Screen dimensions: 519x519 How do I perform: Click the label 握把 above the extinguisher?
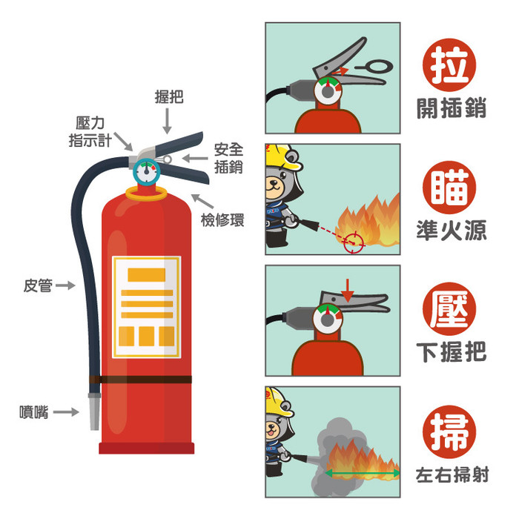tap(169, 96)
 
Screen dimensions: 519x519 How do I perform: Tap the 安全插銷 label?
tap(228, 158)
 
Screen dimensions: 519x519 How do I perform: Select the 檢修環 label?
tap(222, 219)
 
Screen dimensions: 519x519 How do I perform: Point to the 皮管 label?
tap(38, 285)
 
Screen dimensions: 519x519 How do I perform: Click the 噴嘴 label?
tap(34, 412)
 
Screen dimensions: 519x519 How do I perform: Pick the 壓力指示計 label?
tap(90, 132)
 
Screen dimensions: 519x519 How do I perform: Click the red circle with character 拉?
tap(449, 65)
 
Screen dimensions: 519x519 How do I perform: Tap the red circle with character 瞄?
tap(449, 188)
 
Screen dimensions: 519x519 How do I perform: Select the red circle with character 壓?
tap(449, 309)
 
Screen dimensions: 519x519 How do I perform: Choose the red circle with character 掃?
tap(449, 432)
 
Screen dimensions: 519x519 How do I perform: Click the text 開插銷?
tap(452, 108)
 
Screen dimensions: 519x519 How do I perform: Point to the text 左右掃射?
tap(452, 475)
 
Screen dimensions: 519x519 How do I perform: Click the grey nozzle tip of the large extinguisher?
tap(94, 412)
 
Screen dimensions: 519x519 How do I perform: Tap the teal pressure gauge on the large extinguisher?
tap(146, 171)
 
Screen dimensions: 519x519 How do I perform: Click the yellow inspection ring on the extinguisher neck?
tap(146, 194)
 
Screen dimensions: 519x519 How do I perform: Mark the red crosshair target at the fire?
tap(354, 242)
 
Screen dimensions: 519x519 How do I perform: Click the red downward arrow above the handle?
tap(348, 291)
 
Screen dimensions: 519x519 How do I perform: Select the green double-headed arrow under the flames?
tap(363, 473)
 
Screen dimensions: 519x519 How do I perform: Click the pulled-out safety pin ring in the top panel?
tap(374, 67)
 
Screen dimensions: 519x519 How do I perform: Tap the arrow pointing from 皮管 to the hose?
tap(65, 285)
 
